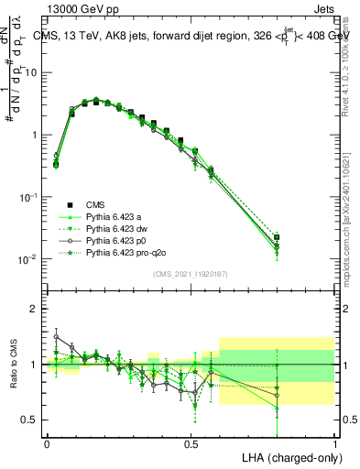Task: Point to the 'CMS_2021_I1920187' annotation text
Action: click(x=190, y=274)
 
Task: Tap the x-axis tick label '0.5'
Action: click(x=191, y=443)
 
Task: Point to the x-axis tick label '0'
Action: click(x=47, y=443)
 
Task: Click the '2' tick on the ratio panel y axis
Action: click(x=34, y=310)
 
